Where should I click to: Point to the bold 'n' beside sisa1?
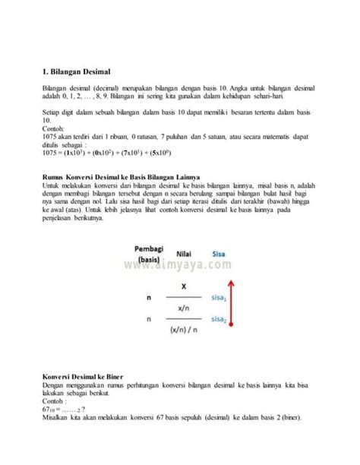tap(137, 299)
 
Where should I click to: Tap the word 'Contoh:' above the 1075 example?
tap(55, 131)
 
